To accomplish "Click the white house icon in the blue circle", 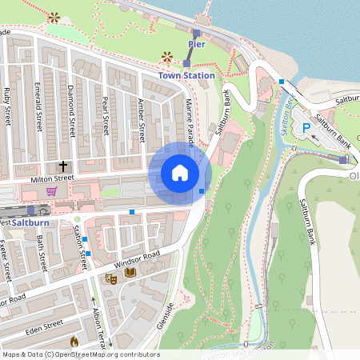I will [180, 173].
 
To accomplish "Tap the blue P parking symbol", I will [306, 128].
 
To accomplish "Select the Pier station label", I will [197, 44].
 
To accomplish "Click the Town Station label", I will [186, 75].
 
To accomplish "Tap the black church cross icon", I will [62, 166].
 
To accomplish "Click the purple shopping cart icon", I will [52, 191].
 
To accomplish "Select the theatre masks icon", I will [111, 278].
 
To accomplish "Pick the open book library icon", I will [130, 273].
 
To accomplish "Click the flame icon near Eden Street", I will [74, 341].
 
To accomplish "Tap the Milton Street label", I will [51, 178].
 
